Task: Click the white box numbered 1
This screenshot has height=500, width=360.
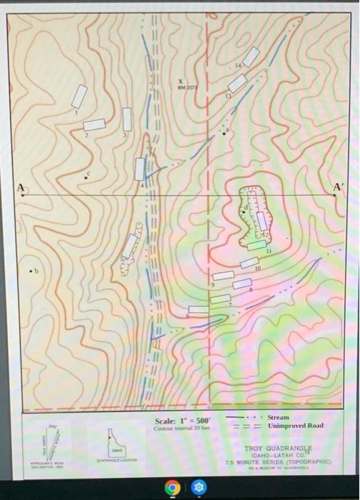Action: point(79,96)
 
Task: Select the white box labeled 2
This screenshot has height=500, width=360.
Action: point(94,124)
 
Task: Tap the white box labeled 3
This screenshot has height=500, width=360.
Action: point(127,119)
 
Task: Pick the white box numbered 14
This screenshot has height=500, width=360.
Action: point(251,56)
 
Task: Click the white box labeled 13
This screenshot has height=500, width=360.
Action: point(237,83)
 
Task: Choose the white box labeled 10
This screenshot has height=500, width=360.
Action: point(249,262)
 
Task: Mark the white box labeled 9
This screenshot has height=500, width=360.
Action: point(223,276)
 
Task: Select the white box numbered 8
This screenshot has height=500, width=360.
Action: point(242,284)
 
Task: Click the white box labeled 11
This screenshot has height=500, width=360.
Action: point(256,245)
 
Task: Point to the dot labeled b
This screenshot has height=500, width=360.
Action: point(30,271)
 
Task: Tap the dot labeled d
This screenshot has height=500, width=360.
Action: point(243,212)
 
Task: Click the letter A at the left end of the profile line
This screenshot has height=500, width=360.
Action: point(21,187)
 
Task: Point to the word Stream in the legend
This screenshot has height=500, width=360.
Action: point(279,417)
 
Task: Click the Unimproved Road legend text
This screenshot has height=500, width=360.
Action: point(295,426)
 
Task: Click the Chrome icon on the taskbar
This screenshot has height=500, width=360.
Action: point(171,487)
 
